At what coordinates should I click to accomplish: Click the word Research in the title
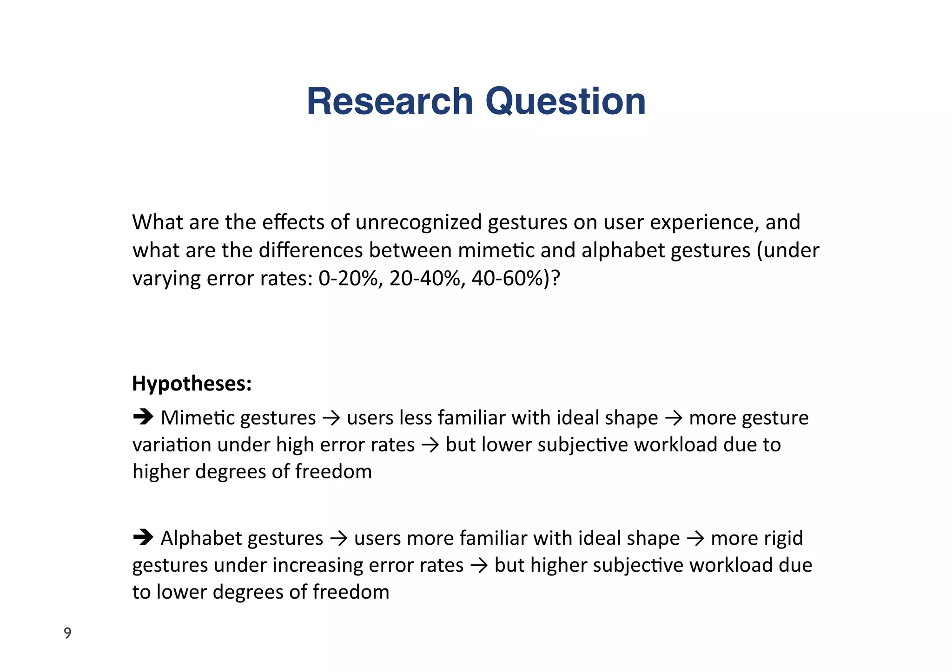pyautogui.click(x=390, y=101)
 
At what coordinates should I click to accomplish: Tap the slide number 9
pyautogui.click(x=68, y=633)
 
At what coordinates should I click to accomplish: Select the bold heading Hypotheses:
pyautogui.click(x=192, y=384)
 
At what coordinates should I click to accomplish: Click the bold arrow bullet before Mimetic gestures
pyautogui.click(x=143, y=417)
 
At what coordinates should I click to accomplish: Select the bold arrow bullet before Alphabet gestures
pyautogui.click(x=143, y=537)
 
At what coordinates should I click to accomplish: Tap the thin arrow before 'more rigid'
pyautogui.click(x=695, y=539)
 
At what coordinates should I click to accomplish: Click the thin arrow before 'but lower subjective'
pyautogui.click(x=430, y=445)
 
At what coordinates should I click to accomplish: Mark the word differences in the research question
pyautogui.click(x=311, y=250)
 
